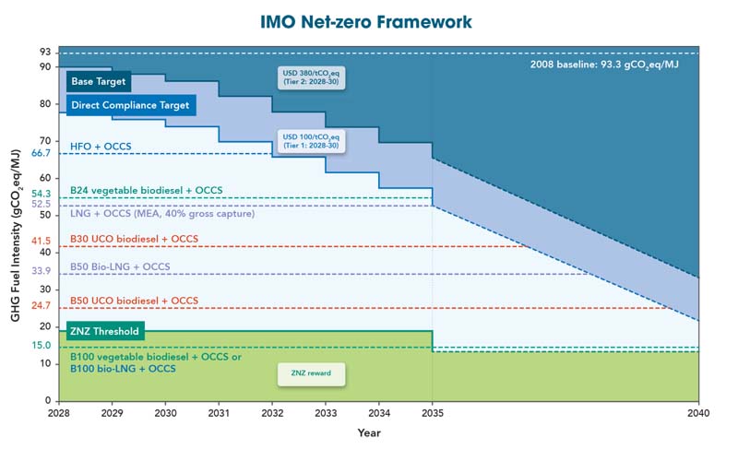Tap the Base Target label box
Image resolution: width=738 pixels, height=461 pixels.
(98, 81)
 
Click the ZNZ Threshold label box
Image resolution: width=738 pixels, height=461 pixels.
(104, 332)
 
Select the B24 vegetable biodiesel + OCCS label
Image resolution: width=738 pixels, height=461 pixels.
(146, 190)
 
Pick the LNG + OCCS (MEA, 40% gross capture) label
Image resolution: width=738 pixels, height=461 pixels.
(162, 213)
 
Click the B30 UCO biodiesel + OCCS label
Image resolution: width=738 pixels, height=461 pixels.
(134, 239)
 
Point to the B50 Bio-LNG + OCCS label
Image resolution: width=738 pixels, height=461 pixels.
(119, 266)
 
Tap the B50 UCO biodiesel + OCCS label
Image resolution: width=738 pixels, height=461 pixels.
(134, 301)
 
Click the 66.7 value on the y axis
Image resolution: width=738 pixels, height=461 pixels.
(40, 153)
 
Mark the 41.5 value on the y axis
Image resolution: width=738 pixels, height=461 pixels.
(40, 241)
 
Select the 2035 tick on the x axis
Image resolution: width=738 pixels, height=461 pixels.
(432, 412)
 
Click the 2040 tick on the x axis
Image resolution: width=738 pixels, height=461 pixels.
(698, 412)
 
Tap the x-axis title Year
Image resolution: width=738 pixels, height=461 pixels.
(369, 432)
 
